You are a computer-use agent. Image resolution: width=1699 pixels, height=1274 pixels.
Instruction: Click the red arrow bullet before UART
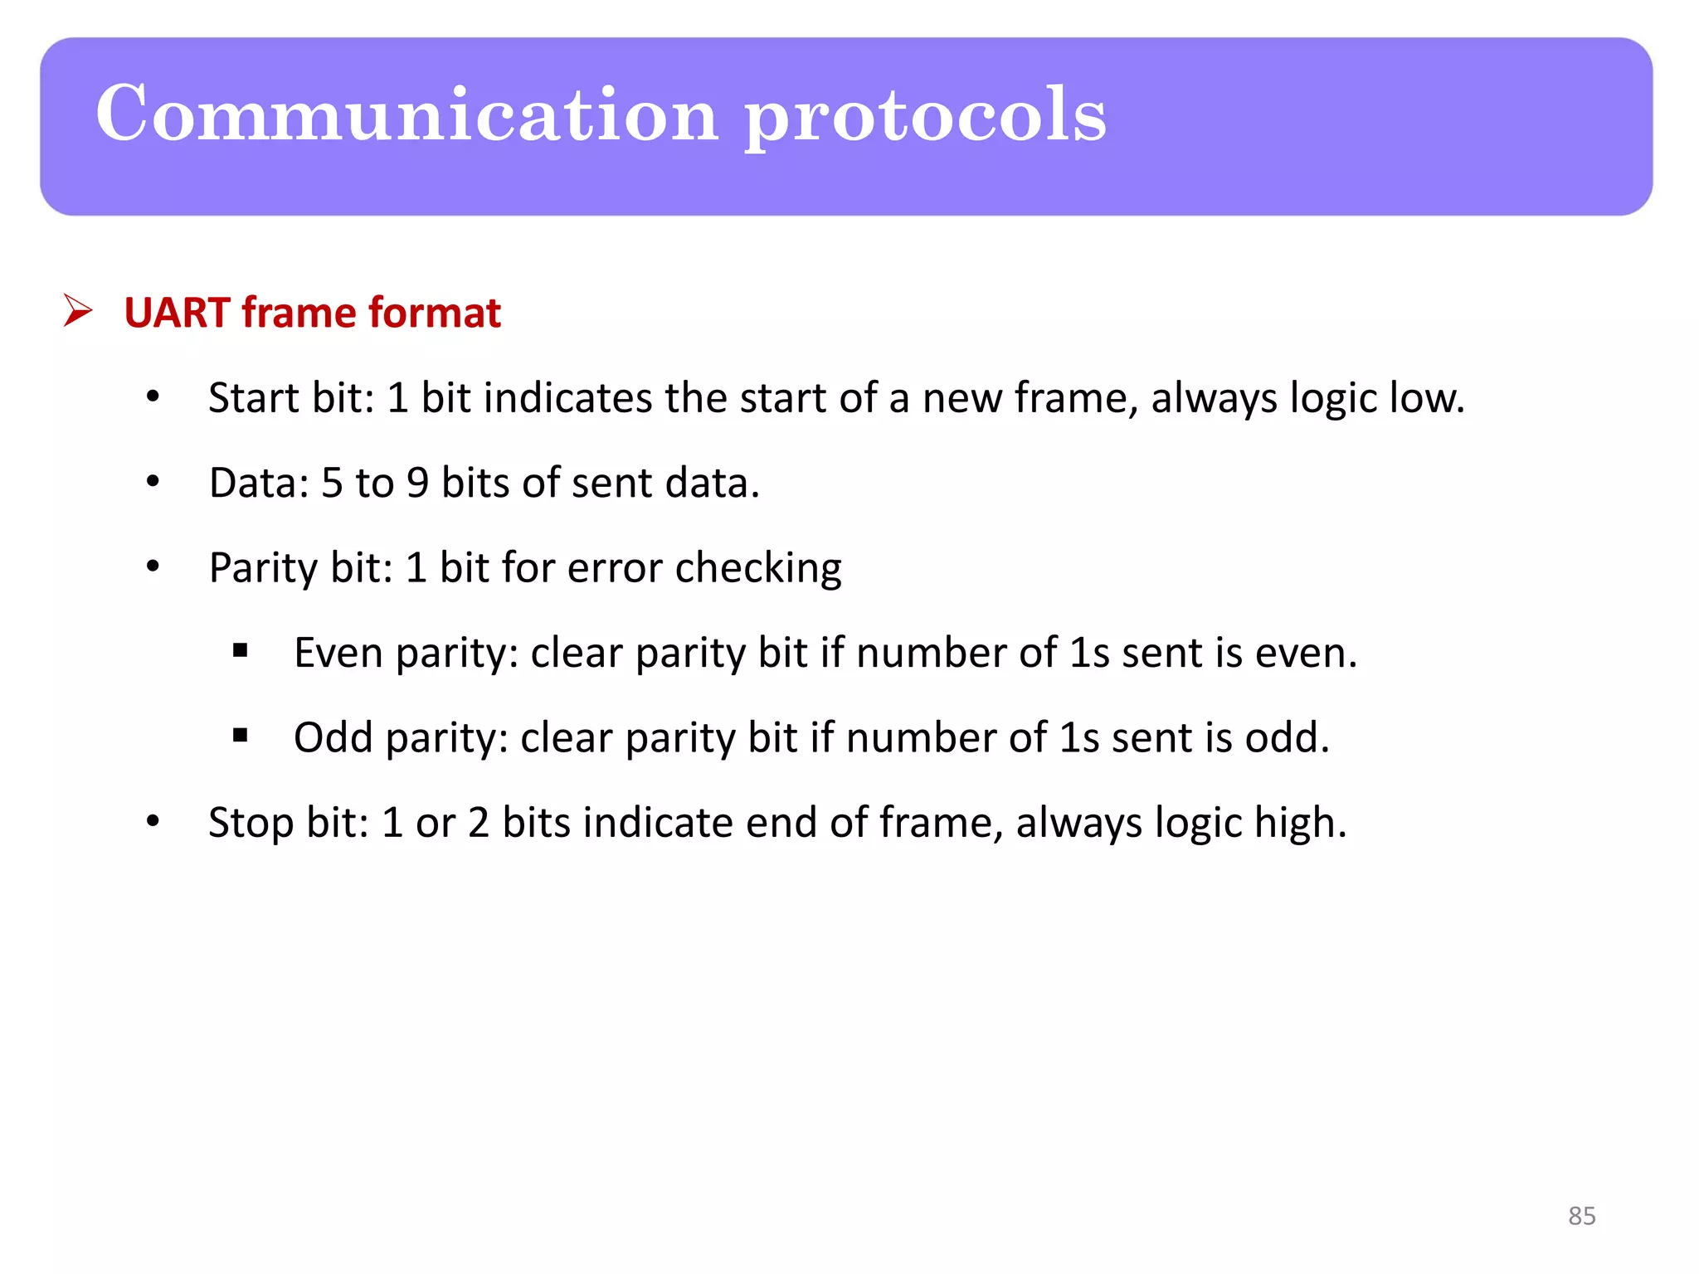[78, 312]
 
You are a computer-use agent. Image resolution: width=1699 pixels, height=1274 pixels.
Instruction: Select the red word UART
[177, 314]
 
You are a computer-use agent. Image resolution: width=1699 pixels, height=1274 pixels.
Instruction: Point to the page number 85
[1581, 1215]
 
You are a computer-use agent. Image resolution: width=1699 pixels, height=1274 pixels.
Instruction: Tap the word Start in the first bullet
[253, 398]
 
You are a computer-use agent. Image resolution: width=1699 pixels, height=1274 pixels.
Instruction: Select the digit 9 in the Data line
[417, 484]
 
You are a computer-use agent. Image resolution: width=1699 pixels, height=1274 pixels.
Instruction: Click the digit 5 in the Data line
[332, 484]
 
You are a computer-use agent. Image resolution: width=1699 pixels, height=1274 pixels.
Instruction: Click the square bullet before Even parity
[241, 650]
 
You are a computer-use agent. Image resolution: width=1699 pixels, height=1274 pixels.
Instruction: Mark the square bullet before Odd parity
[241, 735]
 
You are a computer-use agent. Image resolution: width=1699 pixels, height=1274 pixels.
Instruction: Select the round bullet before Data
[153, 482]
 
